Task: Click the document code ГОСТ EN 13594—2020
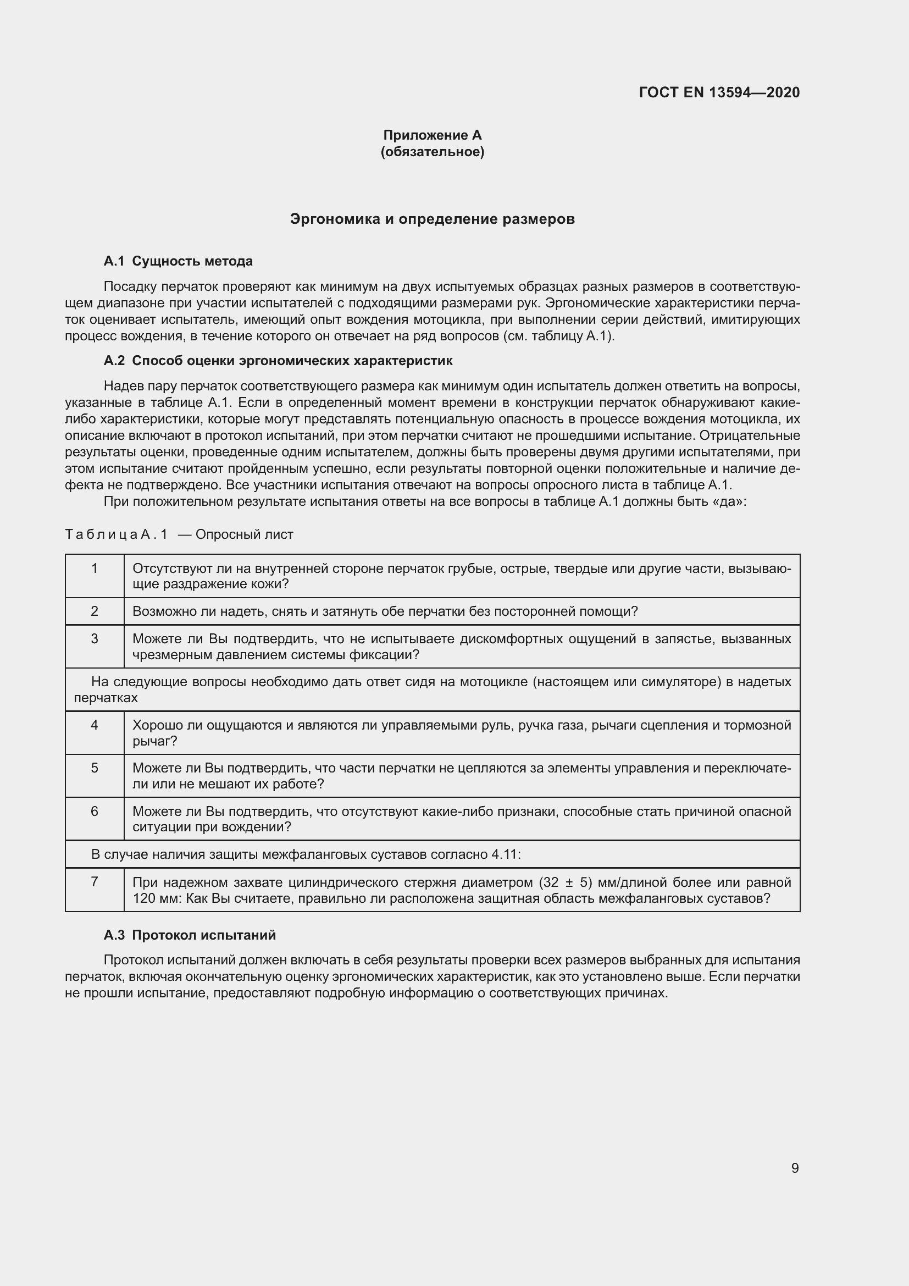point(719,92)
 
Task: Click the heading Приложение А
point(432,135)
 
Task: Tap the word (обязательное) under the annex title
point(432,152)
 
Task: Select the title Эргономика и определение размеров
point(432,219)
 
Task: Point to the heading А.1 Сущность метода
point(178,261)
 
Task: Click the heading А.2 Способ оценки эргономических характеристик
point(278,361)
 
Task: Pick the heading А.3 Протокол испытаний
point(189,935)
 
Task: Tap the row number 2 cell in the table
point(95,611)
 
